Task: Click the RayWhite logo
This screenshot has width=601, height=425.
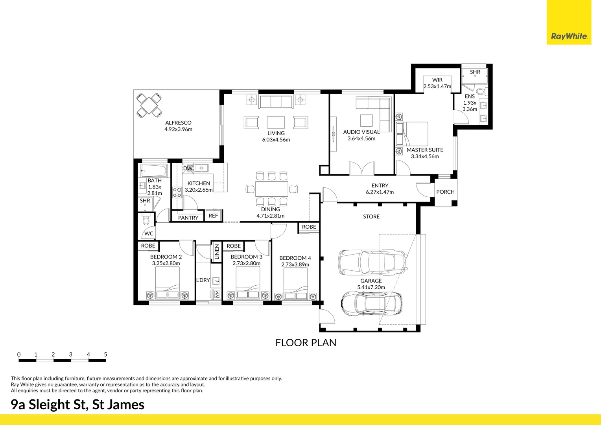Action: click(569, 36)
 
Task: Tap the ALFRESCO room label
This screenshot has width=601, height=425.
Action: click(178, 123)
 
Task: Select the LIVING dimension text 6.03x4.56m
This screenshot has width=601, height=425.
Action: click(276, 140)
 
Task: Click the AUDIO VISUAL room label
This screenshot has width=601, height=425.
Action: click(361, 132)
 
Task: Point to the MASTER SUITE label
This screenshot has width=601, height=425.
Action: click(425, 150)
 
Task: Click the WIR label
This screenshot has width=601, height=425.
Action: click(437, 80)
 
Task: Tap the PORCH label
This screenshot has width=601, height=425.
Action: click(445, 192)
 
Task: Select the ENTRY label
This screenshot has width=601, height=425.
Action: click(380, 186)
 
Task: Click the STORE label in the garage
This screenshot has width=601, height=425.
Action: click(371, 217)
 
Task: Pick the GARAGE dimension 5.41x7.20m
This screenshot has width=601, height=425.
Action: click(371, 287)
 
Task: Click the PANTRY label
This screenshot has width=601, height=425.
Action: click(188, 218)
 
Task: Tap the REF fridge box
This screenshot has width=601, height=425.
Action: click(213, 216)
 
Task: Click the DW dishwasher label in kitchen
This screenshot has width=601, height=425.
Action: click(188, 168)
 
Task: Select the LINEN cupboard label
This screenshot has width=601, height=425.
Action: click(217, 252)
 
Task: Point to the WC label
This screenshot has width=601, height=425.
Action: click(149, 233)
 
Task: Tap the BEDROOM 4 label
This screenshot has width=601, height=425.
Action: click(295, 258)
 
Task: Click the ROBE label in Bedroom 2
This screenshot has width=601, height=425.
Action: click(148, 246)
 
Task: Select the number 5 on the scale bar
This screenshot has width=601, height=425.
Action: click(105, 355)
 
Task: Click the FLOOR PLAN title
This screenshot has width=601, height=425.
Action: click(306, 343)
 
